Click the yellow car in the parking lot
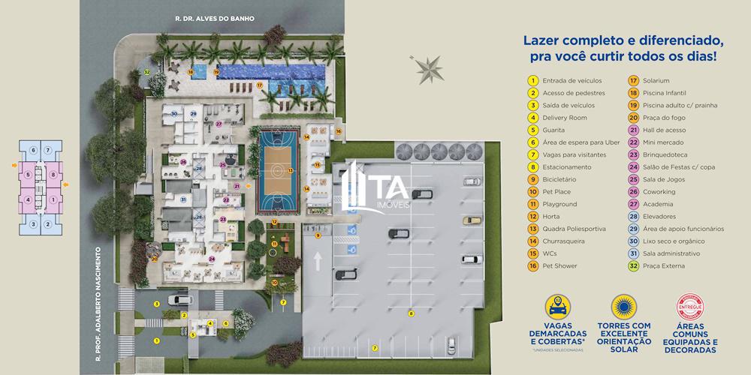pyautogui.click(x=472, y=220)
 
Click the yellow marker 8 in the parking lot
pyautogui.click(x=411, y=313)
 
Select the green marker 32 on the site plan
pyautogui.click(x=148, y=72)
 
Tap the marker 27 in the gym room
pyautogui.click(x=219, y=124)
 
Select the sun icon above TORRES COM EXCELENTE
pyautogui.click(x=623, y=307)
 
